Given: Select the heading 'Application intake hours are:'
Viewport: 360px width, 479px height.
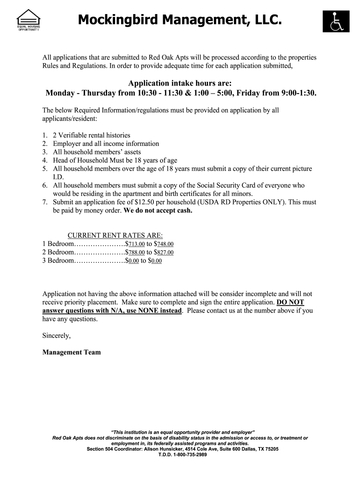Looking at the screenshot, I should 180,83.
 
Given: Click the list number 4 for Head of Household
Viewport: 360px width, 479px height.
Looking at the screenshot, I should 45,160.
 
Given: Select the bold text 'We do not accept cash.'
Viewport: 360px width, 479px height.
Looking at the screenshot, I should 158,210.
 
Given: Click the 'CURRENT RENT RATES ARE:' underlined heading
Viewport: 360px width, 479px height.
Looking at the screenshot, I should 115,235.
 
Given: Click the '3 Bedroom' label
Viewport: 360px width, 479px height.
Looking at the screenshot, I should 58,261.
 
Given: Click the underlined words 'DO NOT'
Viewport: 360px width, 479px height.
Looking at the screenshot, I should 290,302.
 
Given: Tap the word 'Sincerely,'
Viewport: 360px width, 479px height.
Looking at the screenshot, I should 57,335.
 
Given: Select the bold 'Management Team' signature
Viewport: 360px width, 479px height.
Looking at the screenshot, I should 72,352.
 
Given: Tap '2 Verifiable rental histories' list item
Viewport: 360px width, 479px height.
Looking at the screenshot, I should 91,135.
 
